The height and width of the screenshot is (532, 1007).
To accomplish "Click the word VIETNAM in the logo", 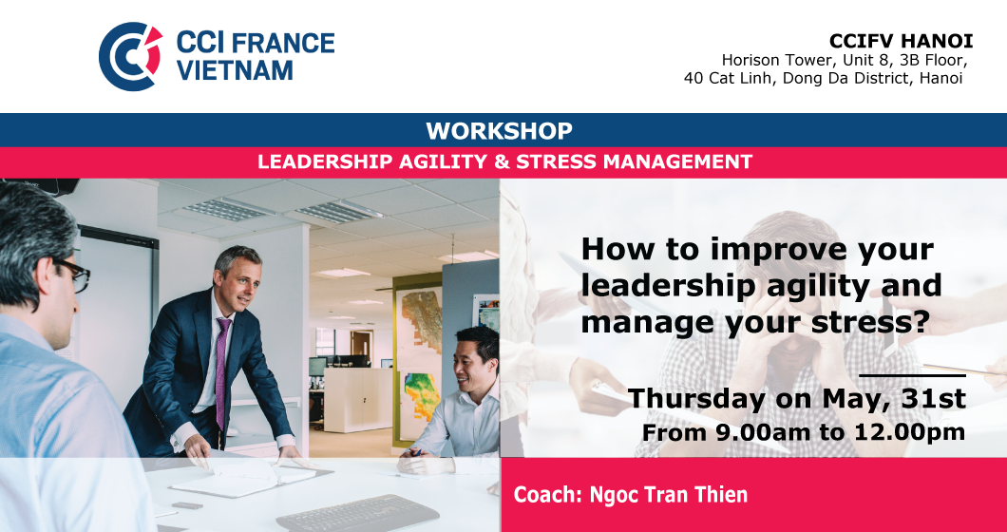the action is [x=235, y=70].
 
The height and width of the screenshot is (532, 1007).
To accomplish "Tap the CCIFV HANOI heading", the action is [x=901, y=41].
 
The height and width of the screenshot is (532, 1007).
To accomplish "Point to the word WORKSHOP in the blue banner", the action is [x=499, y=131].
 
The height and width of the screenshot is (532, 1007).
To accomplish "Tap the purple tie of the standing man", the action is [x=222, y=372].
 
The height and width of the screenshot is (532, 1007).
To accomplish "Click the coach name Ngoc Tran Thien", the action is [x=669, y=495].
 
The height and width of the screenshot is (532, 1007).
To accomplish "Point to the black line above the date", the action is [x=912, y=374].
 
